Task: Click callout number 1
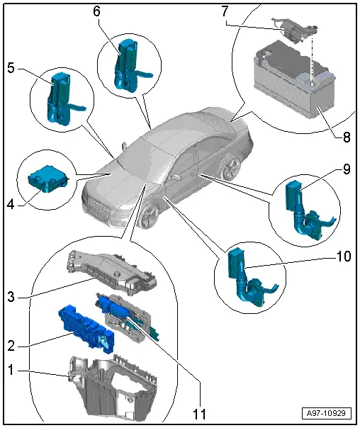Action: click(11, 370)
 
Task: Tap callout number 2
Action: click(11, 346)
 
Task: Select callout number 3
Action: click(11, 297)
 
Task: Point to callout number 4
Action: click(11, 204)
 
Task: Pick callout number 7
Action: click(225, 11)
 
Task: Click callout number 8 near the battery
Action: click(347, 137)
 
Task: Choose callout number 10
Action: click(344, 257)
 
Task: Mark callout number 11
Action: click(200, 414)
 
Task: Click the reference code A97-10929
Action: click(326, 413)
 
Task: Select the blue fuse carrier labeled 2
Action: click(86, 328)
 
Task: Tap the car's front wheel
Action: click(150, 216)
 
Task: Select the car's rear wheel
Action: click(230, 169)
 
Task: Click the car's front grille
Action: click(99, 209)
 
